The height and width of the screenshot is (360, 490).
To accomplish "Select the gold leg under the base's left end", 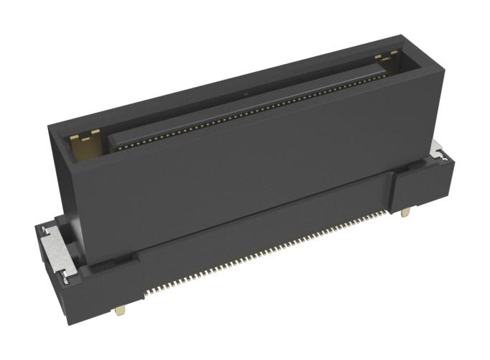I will pyautogui.click(x=119, y=310).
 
